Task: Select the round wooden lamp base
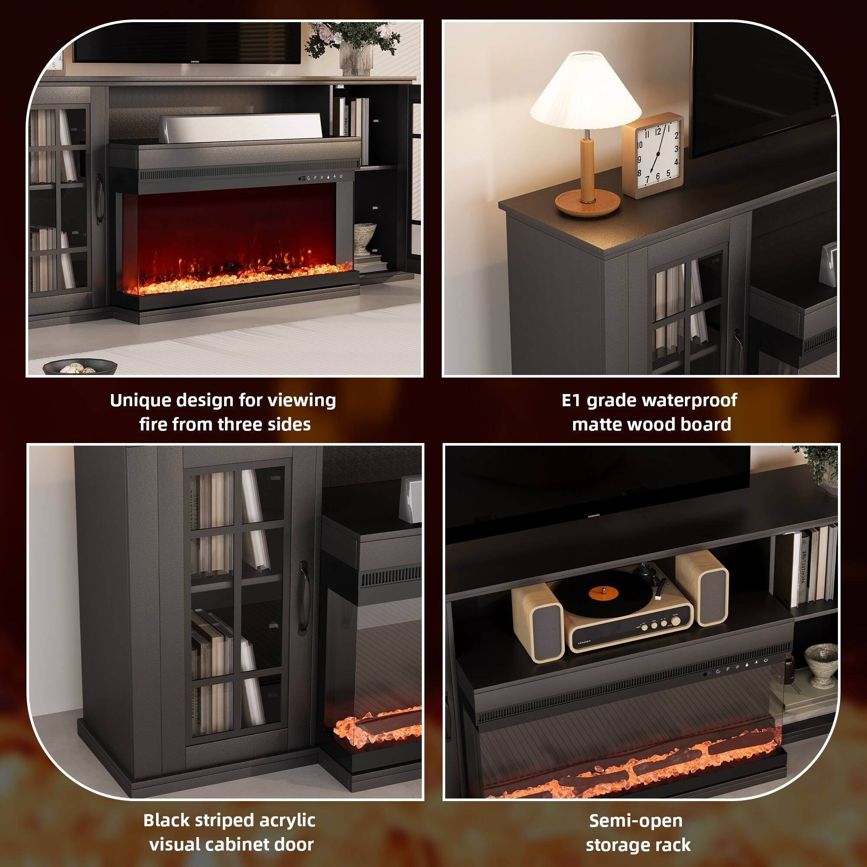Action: (587, 203)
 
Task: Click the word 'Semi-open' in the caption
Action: (636, 821)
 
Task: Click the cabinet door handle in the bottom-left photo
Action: (304, 597)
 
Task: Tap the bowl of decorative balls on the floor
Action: (80, 368)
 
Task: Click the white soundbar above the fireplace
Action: (242, 127)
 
